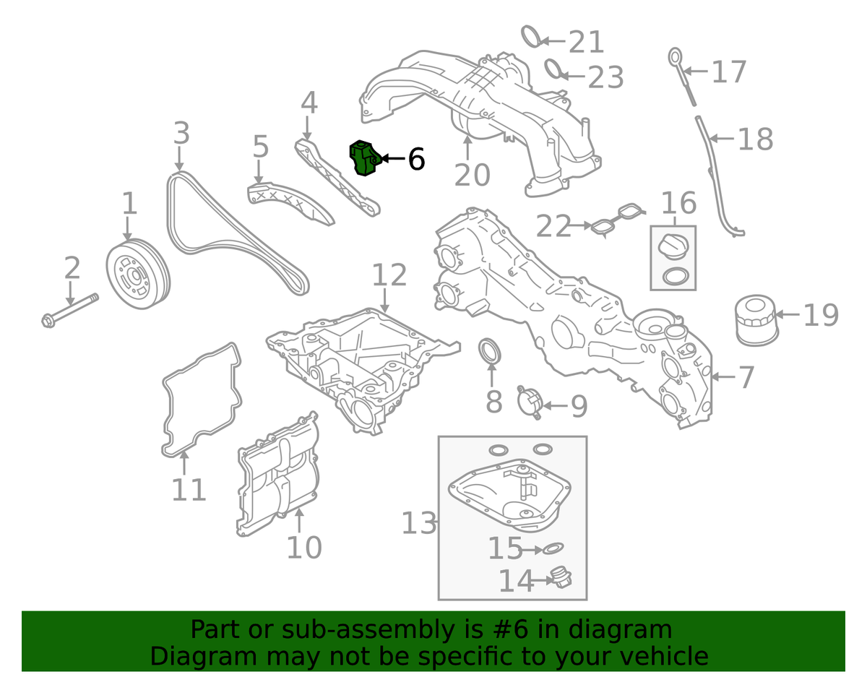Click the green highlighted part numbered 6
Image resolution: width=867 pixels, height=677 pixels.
[364, 158]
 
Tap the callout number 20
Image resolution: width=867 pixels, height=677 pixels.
[472, 175]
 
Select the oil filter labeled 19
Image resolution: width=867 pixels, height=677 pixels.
[756, 320]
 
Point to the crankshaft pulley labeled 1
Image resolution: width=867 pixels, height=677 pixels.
[138, 274]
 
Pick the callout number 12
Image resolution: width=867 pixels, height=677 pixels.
[389, 275]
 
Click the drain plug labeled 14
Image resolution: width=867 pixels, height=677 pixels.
[560, 578]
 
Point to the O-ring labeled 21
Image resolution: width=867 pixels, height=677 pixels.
[532, 36]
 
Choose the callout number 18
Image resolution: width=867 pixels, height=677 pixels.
[756, 139]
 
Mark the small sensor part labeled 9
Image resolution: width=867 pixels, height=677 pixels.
[530, 402]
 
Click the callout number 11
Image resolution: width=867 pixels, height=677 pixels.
[189, 489]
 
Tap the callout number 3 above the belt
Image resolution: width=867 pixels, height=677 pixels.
[181, 133]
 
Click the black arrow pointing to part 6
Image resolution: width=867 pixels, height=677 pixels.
[394, 158]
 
